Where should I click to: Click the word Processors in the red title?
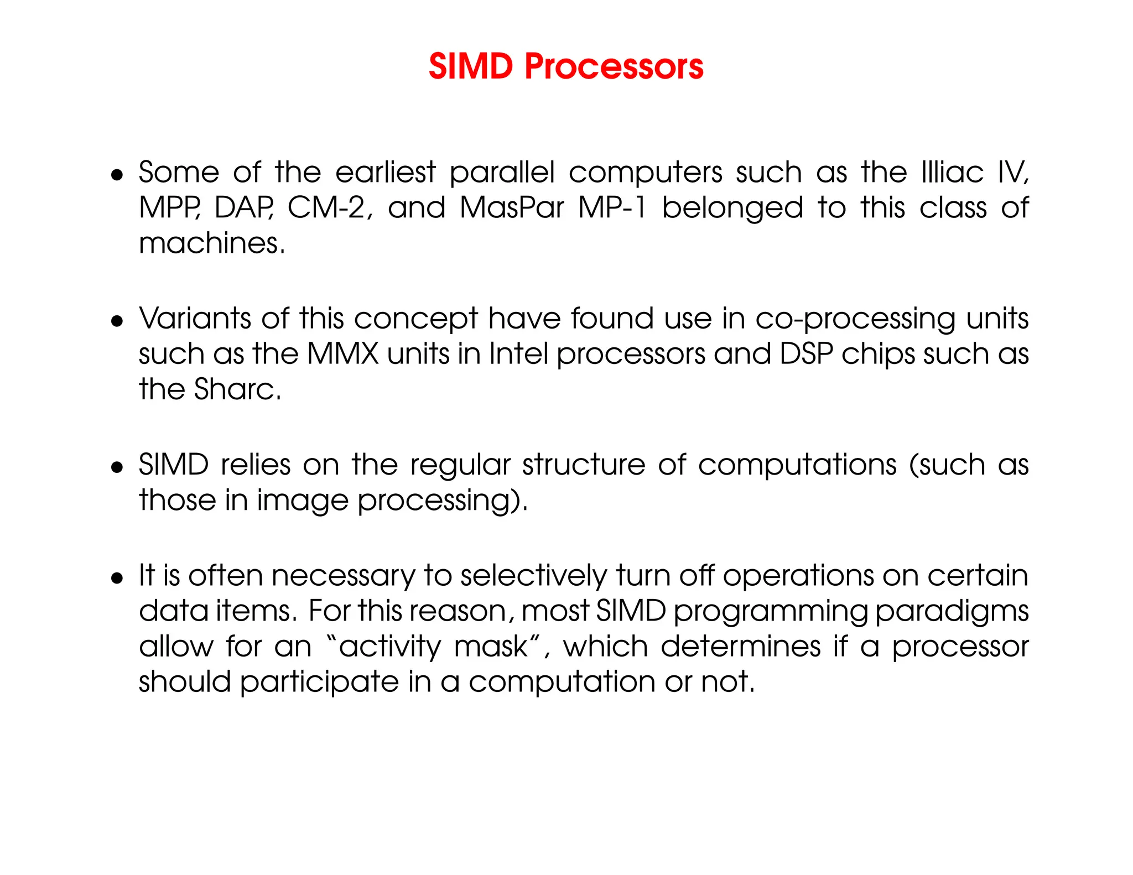click(614, 67)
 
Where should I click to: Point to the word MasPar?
click(512, 208)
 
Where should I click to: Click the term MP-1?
click(612, 208)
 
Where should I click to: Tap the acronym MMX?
click(342, 354)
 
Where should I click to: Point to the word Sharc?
click(237, 389)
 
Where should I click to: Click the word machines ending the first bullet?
click(211, 243)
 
